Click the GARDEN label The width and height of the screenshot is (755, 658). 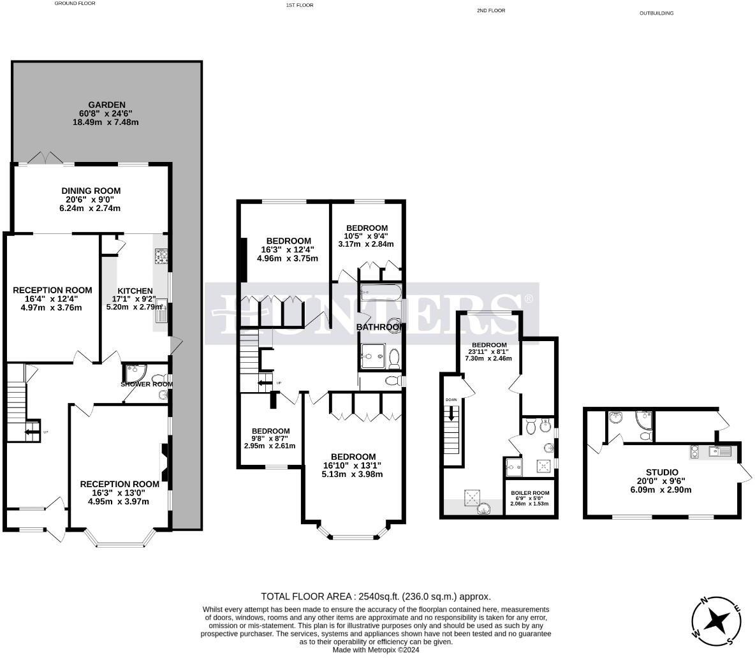click(106, 105)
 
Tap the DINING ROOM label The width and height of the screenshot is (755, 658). click(91, 191)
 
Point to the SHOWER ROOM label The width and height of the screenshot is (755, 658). click(147, 384)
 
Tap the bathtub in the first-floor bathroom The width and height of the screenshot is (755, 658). click(379, 295)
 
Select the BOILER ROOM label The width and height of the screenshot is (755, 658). click(529, 493)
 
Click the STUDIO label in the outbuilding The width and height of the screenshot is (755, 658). click(662, 472)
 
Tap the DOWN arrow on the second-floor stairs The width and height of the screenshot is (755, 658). click(452, 413)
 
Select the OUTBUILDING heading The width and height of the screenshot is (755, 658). click(657, 13)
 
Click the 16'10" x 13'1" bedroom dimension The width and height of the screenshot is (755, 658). click(353, 469)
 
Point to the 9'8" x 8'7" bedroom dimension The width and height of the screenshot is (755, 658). click(270, 442)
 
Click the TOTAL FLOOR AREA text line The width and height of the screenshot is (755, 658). click(376, 597)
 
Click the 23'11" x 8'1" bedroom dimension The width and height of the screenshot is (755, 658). click(490, 355)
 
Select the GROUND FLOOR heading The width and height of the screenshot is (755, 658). click(75, 3)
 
